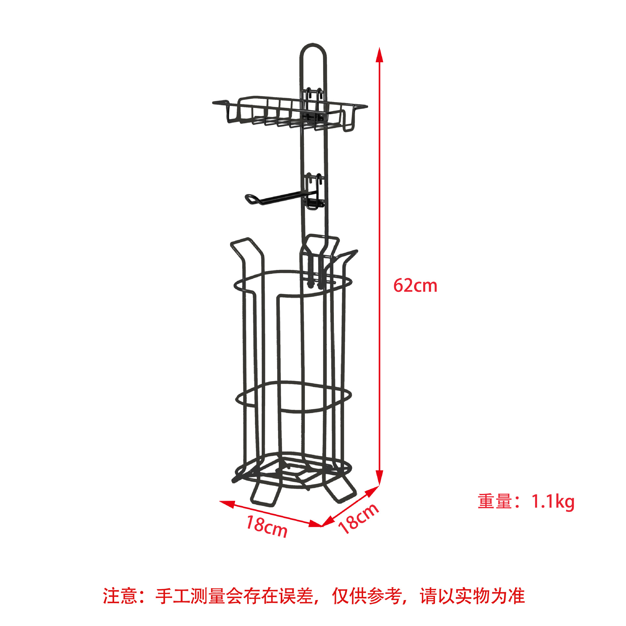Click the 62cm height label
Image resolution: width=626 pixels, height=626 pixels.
tap(415, 286)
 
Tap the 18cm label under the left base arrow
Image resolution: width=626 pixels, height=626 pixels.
tap(267, 526)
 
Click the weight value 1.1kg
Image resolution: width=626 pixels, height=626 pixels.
tap(553, 501)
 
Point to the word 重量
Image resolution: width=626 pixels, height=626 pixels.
tap(495, 501)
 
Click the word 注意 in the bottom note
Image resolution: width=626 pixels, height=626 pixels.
tap(120, 596)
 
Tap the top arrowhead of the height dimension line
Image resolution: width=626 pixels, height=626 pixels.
tap(379, 55)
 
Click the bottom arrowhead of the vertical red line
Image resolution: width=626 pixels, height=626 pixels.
tap(379, 478)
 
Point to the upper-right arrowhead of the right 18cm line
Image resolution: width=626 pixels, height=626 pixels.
tap(372, 491)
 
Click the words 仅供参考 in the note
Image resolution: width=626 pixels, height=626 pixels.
tap(367, 596)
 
